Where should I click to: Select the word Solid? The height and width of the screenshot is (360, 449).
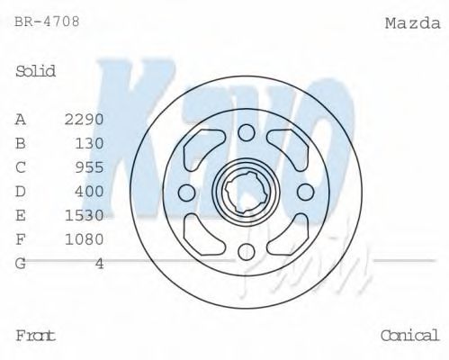36,71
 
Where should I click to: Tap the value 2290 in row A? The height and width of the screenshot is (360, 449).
85,119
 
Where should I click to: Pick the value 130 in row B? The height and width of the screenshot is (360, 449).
90,142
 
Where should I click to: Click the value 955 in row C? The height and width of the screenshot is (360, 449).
90,166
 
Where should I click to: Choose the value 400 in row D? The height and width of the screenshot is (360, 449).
90,191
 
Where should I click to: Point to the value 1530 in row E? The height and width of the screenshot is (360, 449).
85,215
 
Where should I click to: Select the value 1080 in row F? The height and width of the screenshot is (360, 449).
85,238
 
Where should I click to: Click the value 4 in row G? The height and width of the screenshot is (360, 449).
100,263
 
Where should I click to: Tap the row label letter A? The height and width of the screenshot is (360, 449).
21,119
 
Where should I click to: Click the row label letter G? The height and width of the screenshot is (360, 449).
21,263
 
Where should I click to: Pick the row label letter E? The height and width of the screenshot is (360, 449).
21,215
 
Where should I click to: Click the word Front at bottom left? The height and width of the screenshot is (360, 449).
36,336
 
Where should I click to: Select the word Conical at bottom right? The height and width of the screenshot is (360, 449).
409,336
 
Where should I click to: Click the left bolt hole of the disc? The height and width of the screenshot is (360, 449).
187,193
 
